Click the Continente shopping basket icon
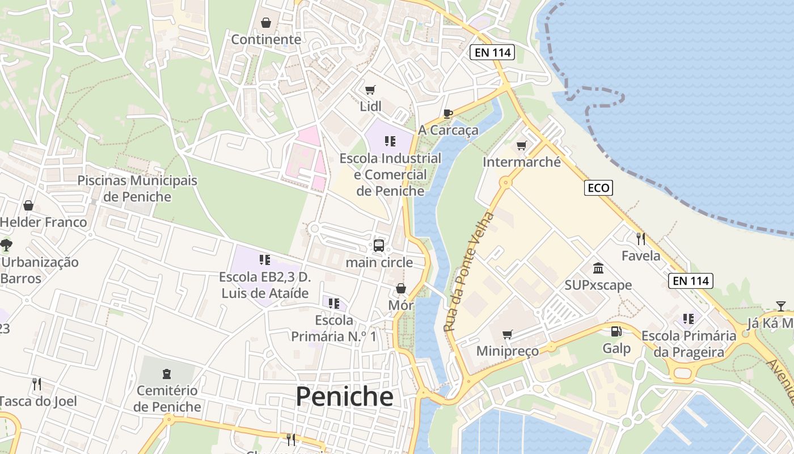click(x=265, y=23)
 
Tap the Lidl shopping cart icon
click(x=370, y=90)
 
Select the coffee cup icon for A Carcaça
click(x=447, y=113)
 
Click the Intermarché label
click(x=521, y=162)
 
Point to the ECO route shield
click(x=598, y=188)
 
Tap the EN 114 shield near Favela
click(x=690, y=280)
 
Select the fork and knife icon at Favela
click(x=641, y=239)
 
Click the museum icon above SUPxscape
click(x=598, y=268)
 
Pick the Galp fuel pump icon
click(x=616, y=331)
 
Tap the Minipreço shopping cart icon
click(x=507, y=334)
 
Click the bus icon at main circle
click(x=379, y=246)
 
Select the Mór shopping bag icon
click(x=401, y=289)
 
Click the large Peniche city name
click(x=344, y=396)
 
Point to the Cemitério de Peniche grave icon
click(x=167, y=374)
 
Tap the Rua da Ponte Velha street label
click(x=468, y=272)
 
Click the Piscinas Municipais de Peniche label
click(x=137, y=188)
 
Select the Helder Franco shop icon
click(x=28, y=205)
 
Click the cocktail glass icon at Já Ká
click(x=781, y=306)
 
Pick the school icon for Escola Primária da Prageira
click(x=689, y=319)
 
